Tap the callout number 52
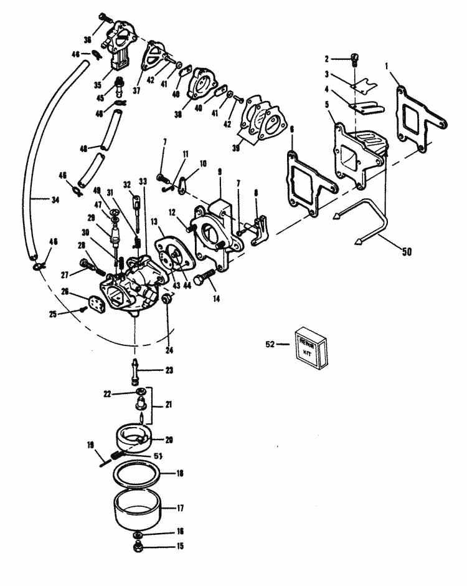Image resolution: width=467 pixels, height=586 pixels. coord(270,343)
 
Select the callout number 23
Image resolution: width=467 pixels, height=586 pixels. coord(169,370)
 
